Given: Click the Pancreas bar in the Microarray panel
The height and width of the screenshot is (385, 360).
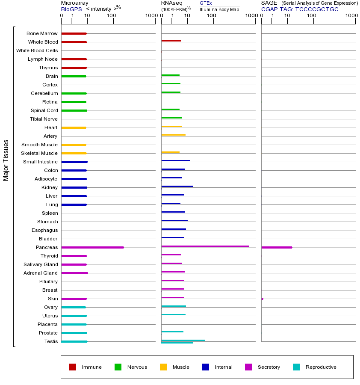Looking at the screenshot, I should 92,247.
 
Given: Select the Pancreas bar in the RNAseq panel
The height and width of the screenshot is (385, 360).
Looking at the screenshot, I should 205,246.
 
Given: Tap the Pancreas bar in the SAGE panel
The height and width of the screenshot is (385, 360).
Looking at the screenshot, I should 277,247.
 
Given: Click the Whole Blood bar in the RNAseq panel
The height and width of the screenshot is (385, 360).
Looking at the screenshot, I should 171,41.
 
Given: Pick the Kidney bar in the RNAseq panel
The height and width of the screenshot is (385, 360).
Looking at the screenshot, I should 177,186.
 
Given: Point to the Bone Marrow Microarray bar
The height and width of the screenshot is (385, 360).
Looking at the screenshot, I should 74,33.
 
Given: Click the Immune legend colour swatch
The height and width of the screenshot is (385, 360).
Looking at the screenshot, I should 73,367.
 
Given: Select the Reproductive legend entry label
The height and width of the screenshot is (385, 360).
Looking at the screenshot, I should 321,367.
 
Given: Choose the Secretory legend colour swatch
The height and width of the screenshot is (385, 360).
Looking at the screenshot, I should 248,367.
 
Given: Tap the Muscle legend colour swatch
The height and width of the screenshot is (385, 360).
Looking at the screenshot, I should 163,367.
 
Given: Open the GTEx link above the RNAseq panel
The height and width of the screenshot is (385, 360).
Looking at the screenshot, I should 206,3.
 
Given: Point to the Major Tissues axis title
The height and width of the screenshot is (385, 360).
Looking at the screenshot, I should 6,160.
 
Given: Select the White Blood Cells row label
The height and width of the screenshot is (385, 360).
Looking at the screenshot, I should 37,50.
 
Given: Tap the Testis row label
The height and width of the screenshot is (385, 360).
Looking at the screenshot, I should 51,341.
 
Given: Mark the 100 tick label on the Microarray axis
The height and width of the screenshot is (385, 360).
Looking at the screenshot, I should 112,16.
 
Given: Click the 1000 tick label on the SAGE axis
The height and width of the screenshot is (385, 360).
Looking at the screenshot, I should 351,16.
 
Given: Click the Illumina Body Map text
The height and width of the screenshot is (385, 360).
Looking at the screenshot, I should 219,9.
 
